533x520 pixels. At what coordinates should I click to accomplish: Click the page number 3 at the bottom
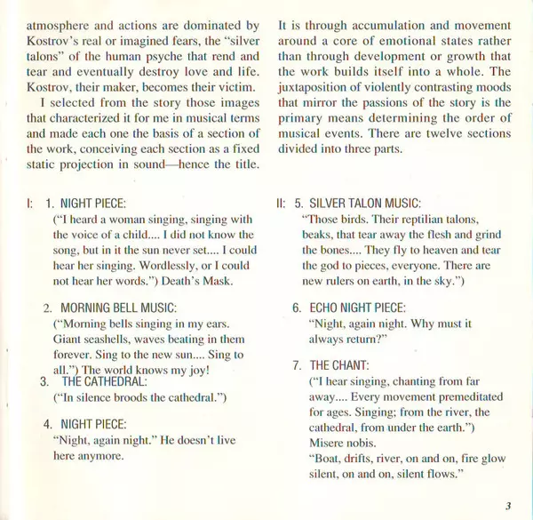pyautogui.click(x=507, y=506)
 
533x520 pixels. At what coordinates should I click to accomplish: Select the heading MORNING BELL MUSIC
pyautogui.click(x=120, y=308)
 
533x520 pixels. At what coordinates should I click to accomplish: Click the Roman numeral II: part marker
pyautogui.click(x=282, y=204)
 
